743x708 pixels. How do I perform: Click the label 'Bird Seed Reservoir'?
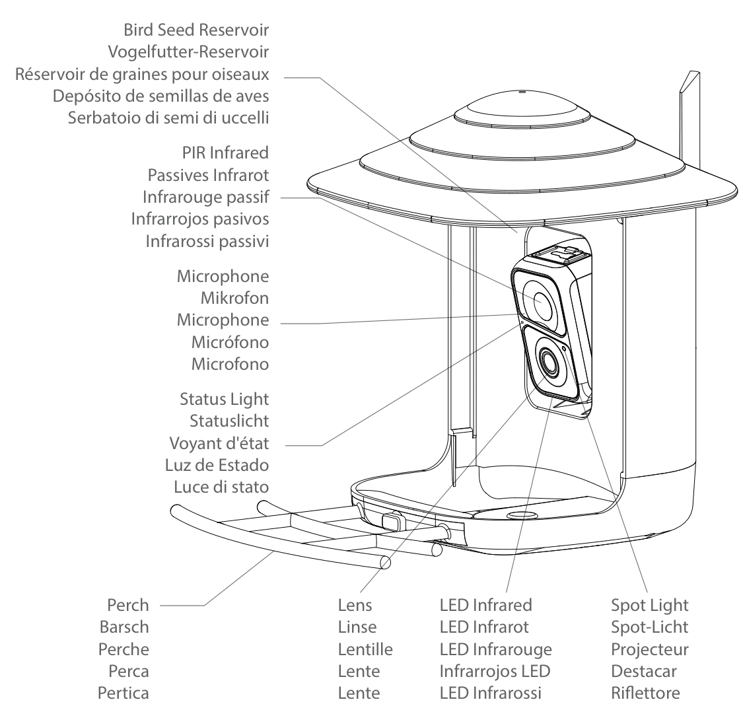[196, 30]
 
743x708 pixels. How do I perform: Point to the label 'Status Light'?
[224, 399]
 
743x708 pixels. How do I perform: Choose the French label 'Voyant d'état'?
[220, 442]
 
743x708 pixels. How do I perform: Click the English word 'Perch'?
[127, 605]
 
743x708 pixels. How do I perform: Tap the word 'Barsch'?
[124, 627]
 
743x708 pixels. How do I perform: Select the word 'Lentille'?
[365, 649]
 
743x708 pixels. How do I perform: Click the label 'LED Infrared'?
[485, 605]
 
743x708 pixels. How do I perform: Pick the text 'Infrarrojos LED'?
[495, 671]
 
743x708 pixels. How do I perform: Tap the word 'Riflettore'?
[645, 693]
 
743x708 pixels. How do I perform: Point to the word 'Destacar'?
[642, 671]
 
